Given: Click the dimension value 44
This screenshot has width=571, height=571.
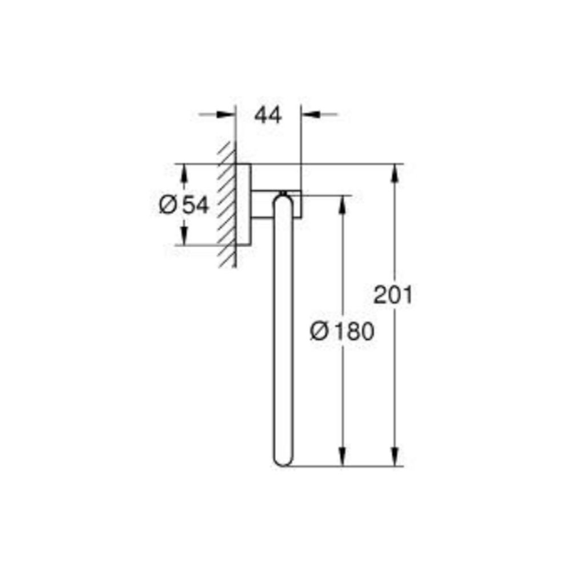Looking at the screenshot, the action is tap(268, 115).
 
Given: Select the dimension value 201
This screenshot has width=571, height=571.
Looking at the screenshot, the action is tap(393, 295).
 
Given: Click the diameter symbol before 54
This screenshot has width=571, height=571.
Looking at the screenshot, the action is tap(168, 205).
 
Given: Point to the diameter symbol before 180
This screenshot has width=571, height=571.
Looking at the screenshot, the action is tap(319, 332).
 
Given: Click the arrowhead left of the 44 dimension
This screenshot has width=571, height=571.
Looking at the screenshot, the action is tap(226, 114).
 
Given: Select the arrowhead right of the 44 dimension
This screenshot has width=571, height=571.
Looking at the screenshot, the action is tap(311, 114).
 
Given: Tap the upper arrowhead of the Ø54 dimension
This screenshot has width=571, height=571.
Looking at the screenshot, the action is tap(184, 174).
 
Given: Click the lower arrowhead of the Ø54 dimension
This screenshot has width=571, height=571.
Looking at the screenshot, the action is tap(184, 235).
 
